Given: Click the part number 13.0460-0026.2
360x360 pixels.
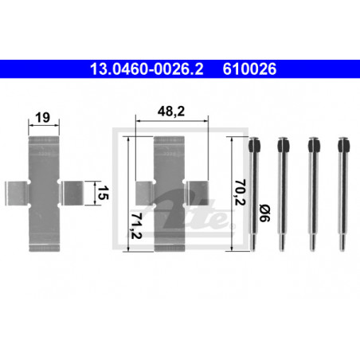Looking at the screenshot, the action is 147,68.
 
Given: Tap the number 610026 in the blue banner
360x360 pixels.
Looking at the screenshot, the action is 249,68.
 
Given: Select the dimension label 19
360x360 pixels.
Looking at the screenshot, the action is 42,117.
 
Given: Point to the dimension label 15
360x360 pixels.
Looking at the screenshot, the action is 103,193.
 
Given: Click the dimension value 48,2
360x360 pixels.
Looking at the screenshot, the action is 171,112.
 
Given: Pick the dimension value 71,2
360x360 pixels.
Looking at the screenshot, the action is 136,225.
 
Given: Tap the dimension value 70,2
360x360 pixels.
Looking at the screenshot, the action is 240,193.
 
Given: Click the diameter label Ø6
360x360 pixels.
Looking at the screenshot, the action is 264,213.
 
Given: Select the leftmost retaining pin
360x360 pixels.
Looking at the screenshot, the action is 254,194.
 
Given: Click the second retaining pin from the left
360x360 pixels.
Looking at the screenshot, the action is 283,194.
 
